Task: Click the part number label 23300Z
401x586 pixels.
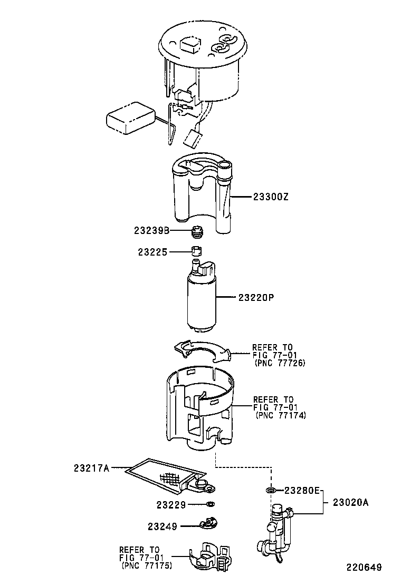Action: [x=271, y=197]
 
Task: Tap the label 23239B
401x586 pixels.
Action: [x=152, y=231]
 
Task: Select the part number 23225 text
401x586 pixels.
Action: [x=152, y=252]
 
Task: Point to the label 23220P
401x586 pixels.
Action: [x=256, y=298]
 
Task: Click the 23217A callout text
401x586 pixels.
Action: [x=92, y=468]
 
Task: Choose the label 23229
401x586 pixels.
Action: [x=171, y=505]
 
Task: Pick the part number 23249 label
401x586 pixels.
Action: [x=163, y=526]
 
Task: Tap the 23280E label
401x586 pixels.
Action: [x=302, y=490]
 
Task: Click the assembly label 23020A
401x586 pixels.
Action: [x=351, y=503]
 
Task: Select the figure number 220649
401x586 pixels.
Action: [x=364, y=568]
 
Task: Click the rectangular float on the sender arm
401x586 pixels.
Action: [x=131, y=118]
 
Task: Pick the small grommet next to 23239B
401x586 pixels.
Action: [x=198, y=232]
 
